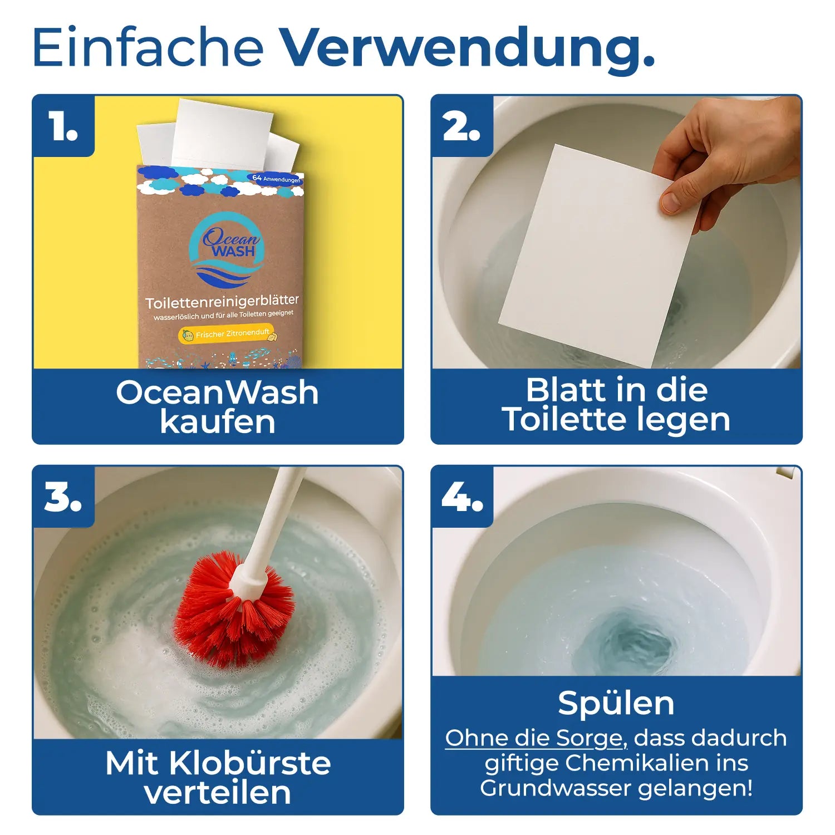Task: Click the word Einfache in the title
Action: click(x=148, y=47)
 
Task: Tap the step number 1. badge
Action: click(x=63, y=126)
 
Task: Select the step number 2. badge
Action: click(x=462, y=126)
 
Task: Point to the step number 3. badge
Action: click(x=63, y=497)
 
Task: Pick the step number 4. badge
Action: click(x=462, y=497)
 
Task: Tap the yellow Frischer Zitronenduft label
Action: click(x=227, y=335)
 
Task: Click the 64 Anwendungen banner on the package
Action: click(x=276, y=178)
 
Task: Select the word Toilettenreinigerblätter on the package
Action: click(x=222, y=301)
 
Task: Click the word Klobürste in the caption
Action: click(x=250, y=763)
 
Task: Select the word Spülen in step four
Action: click(x=616, y=704)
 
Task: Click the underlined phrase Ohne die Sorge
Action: click(x=536, y=738)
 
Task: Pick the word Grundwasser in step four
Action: click(x=556, y=788)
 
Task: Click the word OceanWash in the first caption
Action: click(x=217, y=392)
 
